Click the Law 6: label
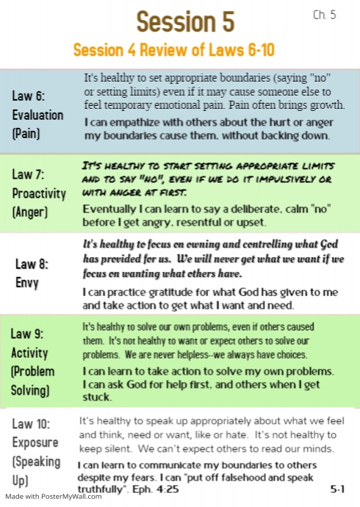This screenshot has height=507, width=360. tap(29, 96)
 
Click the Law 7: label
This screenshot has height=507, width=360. tap(29, 174)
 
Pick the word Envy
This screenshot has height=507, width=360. tap(29, 282)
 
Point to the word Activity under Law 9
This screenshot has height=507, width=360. tap(30, 353)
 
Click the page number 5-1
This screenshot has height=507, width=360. tap(338, 486)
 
